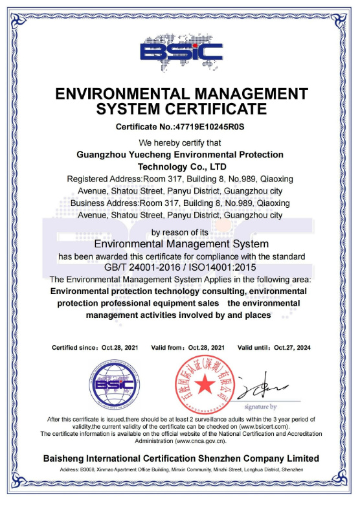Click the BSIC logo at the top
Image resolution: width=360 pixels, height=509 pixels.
[181, 51]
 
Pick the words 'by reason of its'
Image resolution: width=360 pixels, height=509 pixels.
[181, 232]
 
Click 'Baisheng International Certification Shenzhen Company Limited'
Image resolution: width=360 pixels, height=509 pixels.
[181, 458]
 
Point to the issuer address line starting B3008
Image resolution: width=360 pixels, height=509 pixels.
[181, 469]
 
